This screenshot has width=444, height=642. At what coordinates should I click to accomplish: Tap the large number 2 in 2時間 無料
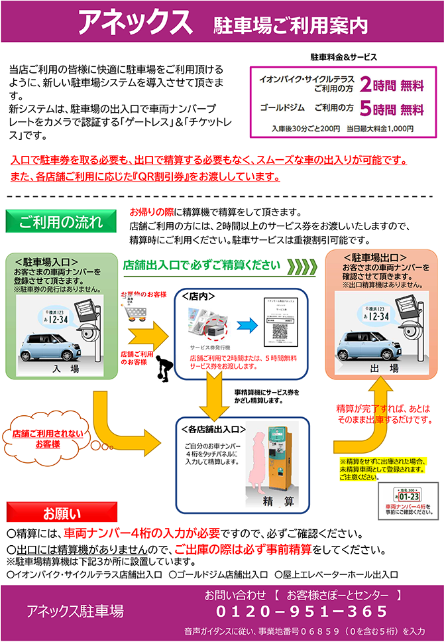[x=366, y=84]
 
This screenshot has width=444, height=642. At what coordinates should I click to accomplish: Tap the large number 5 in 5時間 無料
[x=366, y=108]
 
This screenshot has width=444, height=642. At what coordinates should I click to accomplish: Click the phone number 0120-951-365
[x=302, y=611]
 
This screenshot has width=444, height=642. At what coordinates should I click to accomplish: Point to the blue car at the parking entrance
[x=48, y=344]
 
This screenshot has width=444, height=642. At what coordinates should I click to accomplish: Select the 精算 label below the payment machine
[x=278, y=500]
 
